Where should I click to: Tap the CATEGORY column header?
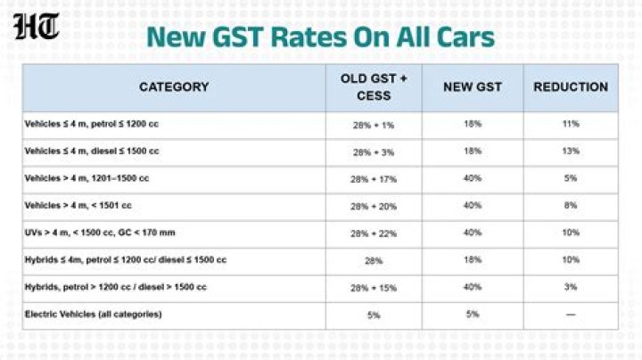coord(174,87)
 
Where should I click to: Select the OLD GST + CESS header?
coord(374,87)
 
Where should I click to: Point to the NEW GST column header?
coord(472,87)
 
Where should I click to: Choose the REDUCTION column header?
coord(571,87)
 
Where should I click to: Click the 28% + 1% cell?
coord(374,125)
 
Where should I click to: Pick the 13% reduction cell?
coord(571,151)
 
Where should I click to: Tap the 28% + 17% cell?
coord(374,179)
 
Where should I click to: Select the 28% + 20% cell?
coord(374,206)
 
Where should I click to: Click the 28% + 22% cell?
coord(374,233)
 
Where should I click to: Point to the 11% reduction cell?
coord(571,124)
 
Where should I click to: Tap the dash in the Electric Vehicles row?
coord(571,315)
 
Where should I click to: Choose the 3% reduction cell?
coord(571,287)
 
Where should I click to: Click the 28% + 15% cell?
coord(374,288)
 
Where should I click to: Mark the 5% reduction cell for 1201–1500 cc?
coord(571,178)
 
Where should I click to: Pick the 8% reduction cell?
coord(571,206)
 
